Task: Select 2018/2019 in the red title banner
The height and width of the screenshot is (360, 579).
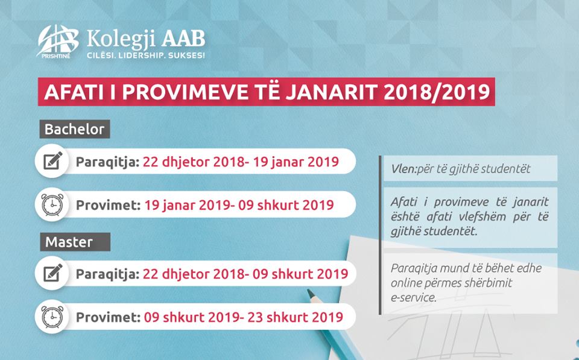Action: click(x=437, y=92)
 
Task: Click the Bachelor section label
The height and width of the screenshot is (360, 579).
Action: click(x=75, y=129)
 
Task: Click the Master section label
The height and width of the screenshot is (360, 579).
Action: click(x=75, y=242)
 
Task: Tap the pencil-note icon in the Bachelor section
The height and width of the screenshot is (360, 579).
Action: click(x=52, y=161)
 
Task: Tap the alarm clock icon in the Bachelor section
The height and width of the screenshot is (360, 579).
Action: click(x=52, y=204)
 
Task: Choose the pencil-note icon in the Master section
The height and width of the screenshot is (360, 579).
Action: click(x=52, y=273)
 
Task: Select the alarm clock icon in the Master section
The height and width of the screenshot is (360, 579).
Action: click(x=52, y=317)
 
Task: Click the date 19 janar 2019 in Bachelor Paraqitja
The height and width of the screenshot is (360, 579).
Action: click(x=296, y=162)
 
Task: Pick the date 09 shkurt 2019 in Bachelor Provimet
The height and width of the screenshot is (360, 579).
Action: click(x=286, y=205)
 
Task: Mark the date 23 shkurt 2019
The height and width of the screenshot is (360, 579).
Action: click(x=296, y=317)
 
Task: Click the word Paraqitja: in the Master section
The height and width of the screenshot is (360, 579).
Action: click(x=107, y=274)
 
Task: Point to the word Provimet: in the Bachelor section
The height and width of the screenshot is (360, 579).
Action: click(x=108, y=205)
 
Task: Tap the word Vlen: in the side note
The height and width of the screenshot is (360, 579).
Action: click(x=403, y=169)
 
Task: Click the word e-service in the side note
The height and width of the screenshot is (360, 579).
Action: click(x=414, y=298)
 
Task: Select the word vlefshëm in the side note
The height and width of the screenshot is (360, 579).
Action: click(x=479, y=216)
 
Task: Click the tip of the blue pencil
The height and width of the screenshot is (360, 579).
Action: click(x=308, y=291)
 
